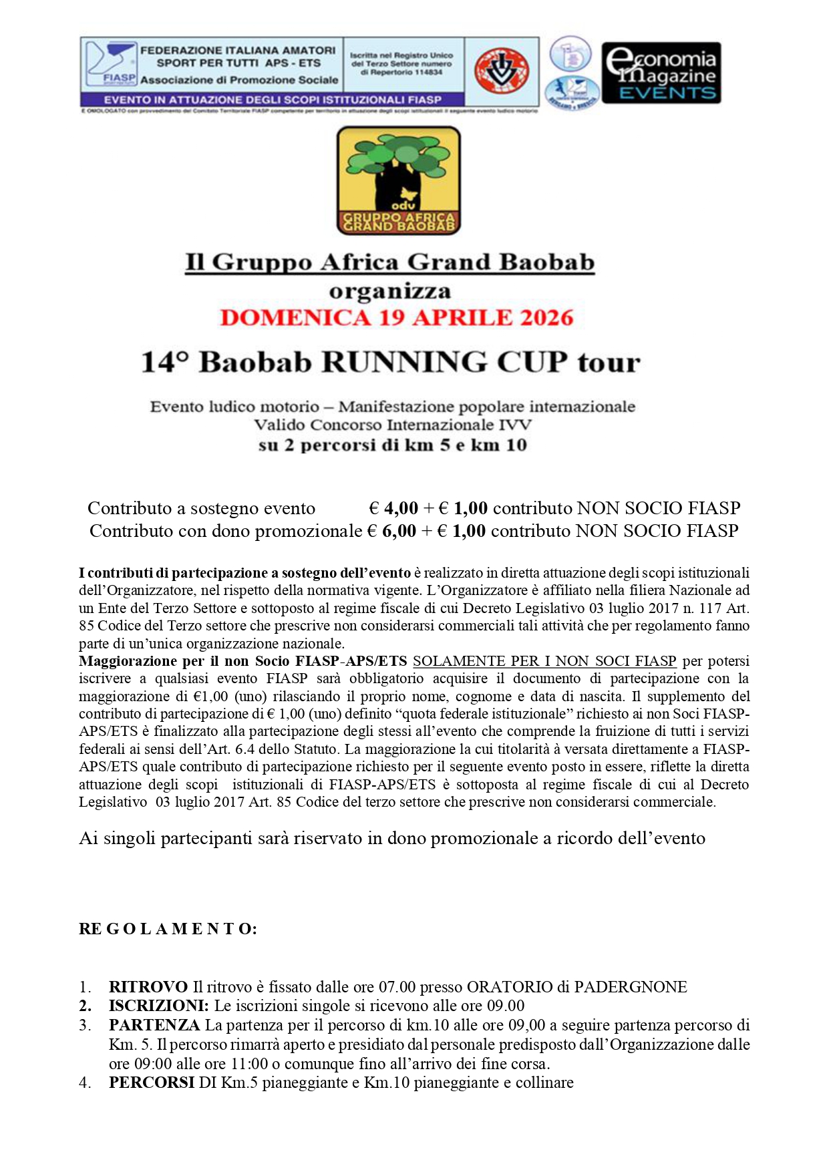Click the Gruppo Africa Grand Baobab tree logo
(x=399, y=180)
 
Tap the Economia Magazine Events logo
(x=661, y=73)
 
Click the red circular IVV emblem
(x=501, y=71)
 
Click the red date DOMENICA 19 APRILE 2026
(x=397, y=318)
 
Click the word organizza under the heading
(x=390, y=292)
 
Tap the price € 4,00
(x=393, y=508)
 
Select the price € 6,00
(x=391, y=531)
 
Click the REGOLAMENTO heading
(x=168, y=929)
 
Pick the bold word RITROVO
(x=148, y=987)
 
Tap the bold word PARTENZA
(x=154, y=1025)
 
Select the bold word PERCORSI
(x=152, y=1083)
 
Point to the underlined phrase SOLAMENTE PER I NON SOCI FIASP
(x=544, y=661)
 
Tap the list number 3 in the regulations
(x=84, y=1025)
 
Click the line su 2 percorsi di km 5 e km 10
(x=393, y=445)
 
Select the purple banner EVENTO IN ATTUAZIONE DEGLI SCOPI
(x=273, y=100)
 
